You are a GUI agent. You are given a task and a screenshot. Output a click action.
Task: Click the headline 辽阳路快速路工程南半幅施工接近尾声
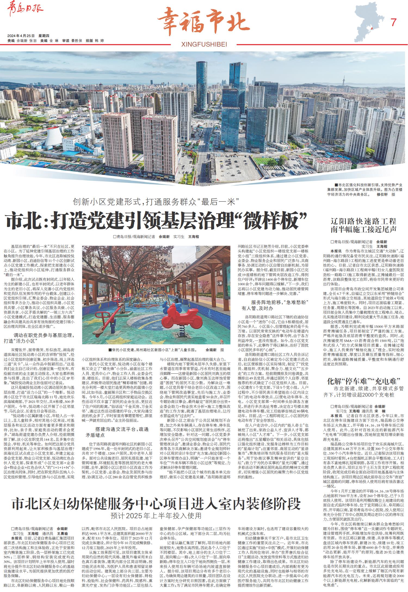click(363, 225)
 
